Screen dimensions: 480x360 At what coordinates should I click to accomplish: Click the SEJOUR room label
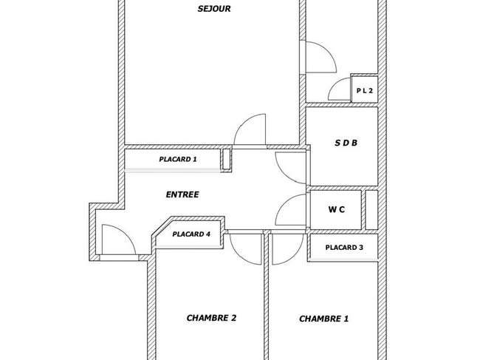(x=214, y=9)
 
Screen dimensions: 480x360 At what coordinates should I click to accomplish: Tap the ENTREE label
(x=182, y=194)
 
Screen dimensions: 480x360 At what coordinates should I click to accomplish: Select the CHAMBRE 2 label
(x=211, y=318)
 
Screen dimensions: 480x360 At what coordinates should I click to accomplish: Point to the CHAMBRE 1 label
(x=324, y=319)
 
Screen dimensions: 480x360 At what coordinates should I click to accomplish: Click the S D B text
(x=346, y=143)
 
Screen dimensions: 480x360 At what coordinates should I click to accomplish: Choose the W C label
(x=337, y=209)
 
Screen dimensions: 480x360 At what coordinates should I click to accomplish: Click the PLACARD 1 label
(x=178, y=160)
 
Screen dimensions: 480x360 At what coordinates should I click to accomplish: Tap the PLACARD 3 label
(x=344, y=248)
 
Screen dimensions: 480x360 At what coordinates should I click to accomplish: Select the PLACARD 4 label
(x=191, y=234)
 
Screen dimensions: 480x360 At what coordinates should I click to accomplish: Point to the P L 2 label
(x=365, y=91)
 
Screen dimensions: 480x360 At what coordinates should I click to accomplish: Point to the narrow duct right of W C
(x=371, y=210)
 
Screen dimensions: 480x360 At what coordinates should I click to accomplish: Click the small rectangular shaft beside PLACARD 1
(x=226, y=159)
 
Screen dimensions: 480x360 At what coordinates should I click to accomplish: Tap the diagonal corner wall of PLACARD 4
(x=161, y=226)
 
